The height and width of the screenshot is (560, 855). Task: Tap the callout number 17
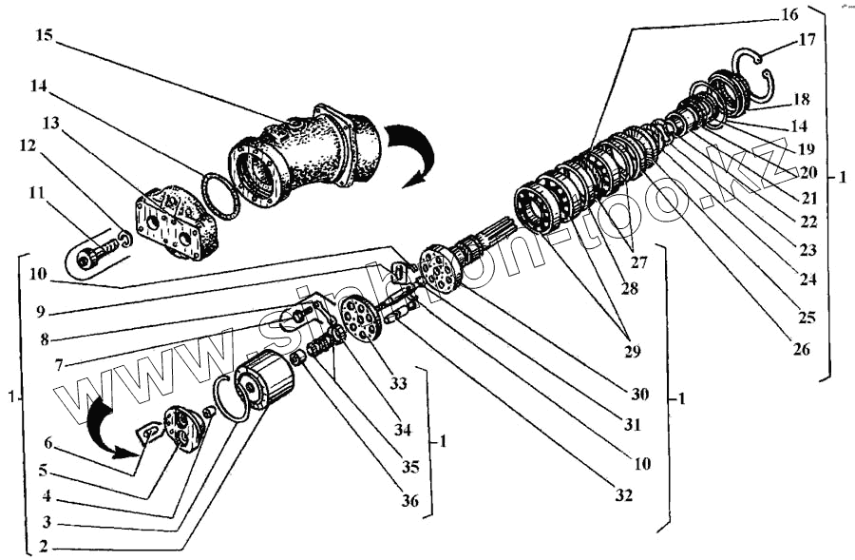pos(807,41)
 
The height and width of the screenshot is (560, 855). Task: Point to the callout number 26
pos(800,348)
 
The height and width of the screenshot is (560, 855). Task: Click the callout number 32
pos(623,494)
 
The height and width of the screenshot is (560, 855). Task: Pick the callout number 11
pos(37,192)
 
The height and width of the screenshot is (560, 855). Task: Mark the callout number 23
pos(807,250)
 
